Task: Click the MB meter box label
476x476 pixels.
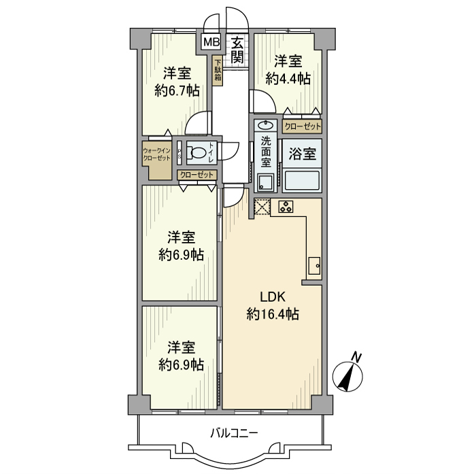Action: pyautogui.click(x=211, y=42)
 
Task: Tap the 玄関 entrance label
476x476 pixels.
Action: pyautogui.click(x=237, y=50)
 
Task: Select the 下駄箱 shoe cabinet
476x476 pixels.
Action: pyautogui.click(x=218, y=69)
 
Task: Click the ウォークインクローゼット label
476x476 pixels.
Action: pyautogui.click(x=156, y=154)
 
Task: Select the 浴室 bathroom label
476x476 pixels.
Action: pyautogui.click(x=302, y=154)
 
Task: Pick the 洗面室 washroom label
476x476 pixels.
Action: pyautogui.click(x=266, y=153)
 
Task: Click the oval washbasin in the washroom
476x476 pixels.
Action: pyautogui.click(x=266, y=125)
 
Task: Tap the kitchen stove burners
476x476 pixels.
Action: pyautogui.click(x=286, y=207)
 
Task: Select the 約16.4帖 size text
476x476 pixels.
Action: pyautogui.click(x=273, y=314)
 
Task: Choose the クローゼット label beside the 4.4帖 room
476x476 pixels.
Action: pyautogui.click(x=302, y=126)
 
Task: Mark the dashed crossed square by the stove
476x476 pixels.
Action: pyautogui.click(x=262, y=207)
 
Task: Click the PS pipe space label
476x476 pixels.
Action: pyautogui.click(x=180, y=153)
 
